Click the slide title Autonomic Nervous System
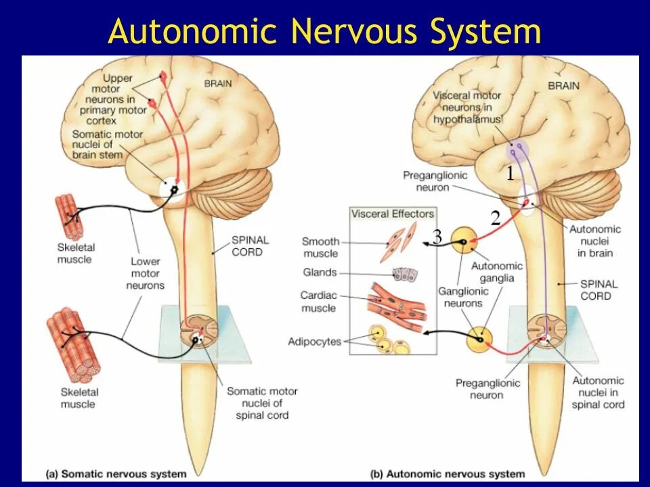click(x=325, y=32)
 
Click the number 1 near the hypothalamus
click(x=510, y=174)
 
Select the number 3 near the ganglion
click(x=437, y=237)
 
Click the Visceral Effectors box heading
click(x=392, y=214)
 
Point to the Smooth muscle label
click(x=320, y=248)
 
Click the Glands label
click(x=320, y=273)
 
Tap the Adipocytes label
click(x=314, y=342)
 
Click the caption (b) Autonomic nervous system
click(x=448, y=473)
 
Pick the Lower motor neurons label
click(x=145, y=273)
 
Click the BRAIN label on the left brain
click(x=218, y=84)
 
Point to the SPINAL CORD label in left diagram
click(x=250, y=246)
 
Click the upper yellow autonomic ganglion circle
click(x=465, y=241)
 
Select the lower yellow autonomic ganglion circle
click(x=479, y=339)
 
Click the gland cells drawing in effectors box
click(x=405, y=274)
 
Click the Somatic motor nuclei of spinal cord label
click(x=261, y=403)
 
